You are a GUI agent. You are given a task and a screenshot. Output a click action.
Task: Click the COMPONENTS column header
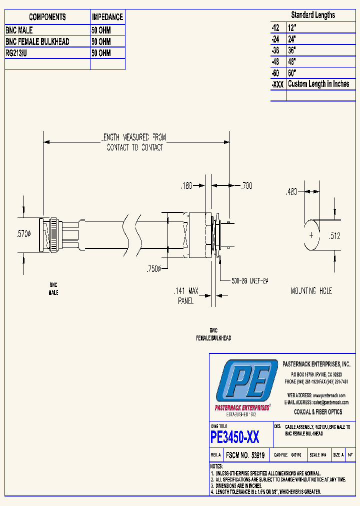47,17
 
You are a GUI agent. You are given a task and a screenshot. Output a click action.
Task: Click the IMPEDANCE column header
107,17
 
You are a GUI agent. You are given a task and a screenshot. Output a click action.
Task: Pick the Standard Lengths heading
313,15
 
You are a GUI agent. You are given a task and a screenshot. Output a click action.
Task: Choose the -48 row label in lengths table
278,61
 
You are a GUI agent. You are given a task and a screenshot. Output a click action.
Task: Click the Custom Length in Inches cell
318,84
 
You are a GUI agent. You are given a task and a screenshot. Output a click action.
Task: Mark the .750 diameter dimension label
153,269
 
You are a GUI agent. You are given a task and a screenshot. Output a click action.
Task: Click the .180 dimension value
186,185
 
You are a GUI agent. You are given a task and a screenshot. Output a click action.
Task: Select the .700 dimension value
246,185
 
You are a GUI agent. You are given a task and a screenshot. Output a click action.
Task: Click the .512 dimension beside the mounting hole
334,236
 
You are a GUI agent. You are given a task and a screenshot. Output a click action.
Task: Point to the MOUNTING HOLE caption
311,290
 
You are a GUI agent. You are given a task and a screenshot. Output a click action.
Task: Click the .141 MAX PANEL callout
186,295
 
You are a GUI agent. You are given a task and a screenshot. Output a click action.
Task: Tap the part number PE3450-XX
235,437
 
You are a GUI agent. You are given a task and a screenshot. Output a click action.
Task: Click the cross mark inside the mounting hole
311,234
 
